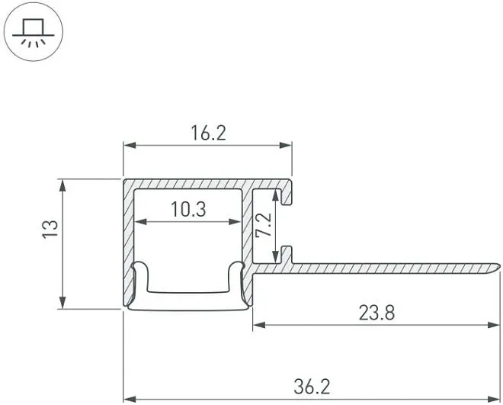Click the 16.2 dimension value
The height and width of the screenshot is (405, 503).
pyautogui.click(x=209, y=133)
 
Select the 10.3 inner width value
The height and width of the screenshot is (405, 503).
pyautogui.click(x=188, y=209)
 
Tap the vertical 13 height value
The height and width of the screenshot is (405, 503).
pyautogui.click(x=50, y=229)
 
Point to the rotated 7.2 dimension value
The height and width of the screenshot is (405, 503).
pyautogui.click(x=264, y=225)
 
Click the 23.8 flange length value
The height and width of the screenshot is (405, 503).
pyautogui.click(x=376, y=313)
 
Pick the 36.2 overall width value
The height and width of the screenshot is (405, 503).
pyautogui.click(x=312, y=387)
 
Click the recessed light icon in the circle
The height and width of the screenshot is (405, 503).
pyautogui.click(x=34, y=31)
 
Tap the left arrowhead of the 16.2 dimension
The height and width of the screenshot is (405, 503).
pyautogui.click(x=130, y=146)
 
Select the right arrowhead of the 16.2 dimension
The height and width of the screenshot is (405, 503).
pyautogui.click(x=286, y=146)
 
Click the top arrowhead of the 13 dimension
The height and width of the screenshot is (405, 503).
pyautogui.click(x=62, y=185)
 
